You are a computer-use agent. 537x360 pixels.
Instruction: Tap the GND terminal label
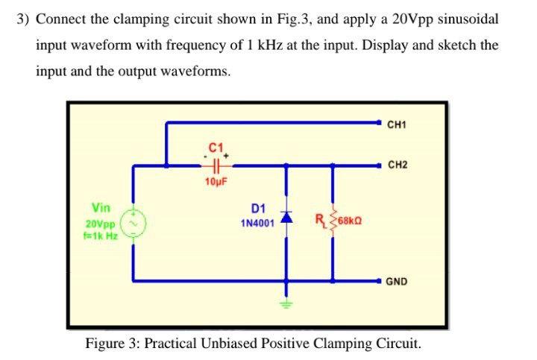398,282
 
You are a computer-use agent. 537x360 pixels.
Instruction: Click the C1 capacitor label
216,146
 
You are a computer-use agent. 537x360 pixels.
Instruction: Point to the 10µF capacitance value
216,181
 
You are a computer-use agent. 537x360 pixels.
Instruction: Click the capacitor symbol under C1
217,163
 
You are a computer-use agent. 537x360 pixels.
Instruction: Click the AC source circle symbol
134,221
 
